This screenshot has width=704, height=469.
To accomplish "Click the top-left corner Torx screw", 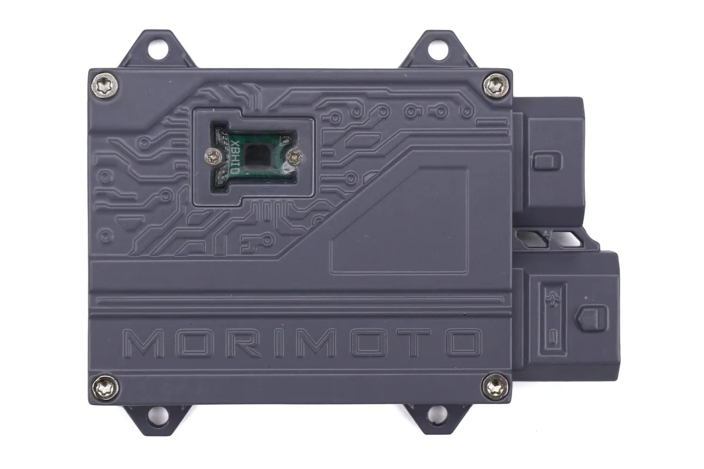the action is pos(104,86).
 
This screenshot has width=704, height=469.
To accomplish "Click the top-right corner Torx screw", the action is pos(496,86).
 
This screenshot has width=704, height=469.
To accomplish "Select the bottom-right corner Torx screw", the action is pos(495,388).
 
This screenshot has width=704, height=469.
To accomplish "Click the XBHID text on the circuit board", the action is pos(235,157).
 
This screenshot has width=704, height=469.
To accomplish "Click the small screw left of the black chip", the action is pos(213,156).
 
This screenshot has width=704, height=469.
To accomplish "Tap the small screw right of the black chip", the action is pos(295,157).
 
